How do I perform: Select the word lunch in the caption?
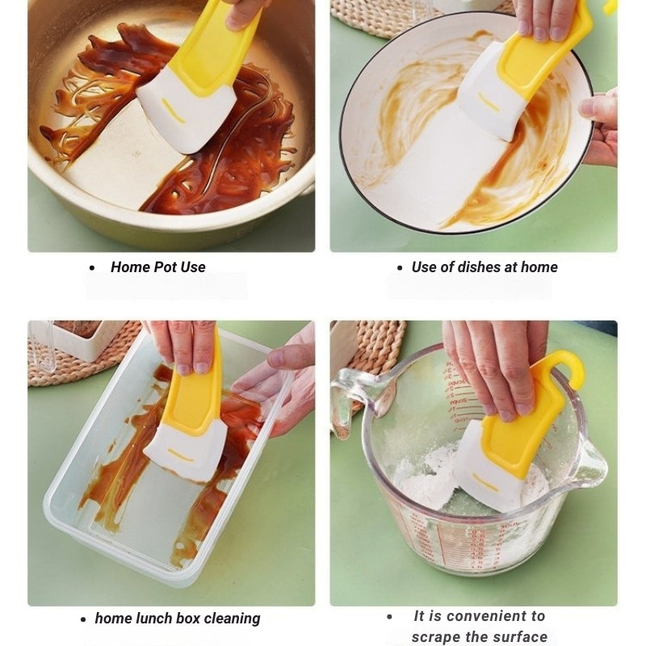[x=153, y=619]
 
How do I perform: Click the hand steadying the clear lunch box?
[x=279, y=388]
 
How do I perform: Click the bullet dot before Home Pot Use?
[x=91, y=268]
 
